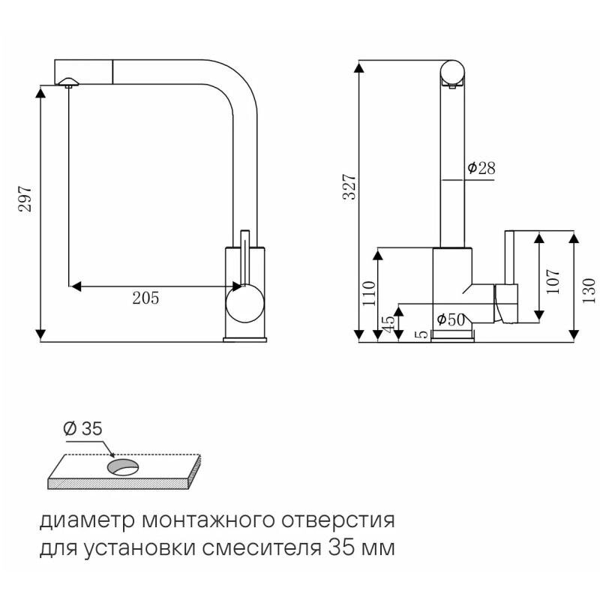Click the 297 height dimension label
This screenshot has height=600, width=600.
point(25,199)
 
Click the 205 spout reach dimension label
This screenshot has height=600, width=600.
point(145,298)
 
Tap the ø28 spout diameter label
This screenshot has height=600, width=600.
point(481,169)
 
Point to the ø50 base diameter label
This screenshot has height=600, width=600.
point(450,319)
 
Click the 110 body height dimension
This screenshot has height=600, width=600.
point(368,293)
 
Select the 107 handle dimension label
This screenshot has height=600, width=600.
point(553,280)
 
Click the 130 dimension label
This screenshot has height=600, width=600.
point(588,289)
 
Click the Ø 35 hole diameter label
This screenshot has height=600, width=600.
point(82,429)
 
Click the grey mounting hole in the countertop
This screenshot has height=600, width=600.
point(122,468)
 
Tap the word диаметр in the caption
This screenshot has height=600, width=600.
point(77,520)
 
